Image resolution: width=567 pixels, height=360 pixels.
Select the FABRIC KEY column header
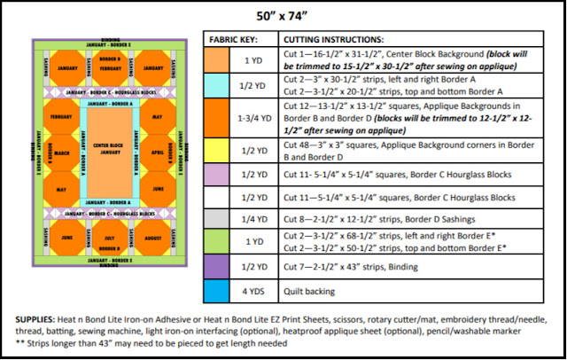tap(234, 41)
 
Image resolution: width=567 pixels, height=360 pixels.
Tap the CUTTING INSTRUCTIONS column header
tap(333, 41)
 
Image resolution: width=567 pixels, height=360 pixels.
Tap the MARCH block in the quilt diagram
tap(63, 153)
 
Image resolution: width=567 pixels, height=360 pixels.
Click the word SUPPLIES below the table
tap(37, 318)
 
